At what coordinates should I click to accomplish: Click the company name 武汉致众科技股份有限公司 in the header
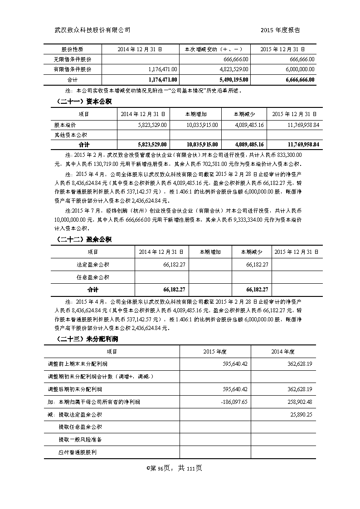[92, 30]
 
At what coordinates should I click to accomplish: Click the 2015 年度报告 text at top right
[281, 30]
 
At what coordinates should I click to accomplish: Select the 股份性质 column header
[73, 49]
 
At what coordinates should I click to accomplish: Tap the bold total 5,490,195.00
[232, 80]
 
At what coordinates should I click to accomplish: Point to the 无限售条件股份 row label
[73, 59]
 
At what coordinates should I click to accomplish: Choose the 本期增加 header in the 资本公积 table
[195, 114]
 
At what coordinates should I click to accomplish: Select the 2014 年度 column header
[283, 351]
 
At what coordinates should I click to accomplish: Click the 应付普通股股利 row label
[78, 452]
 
